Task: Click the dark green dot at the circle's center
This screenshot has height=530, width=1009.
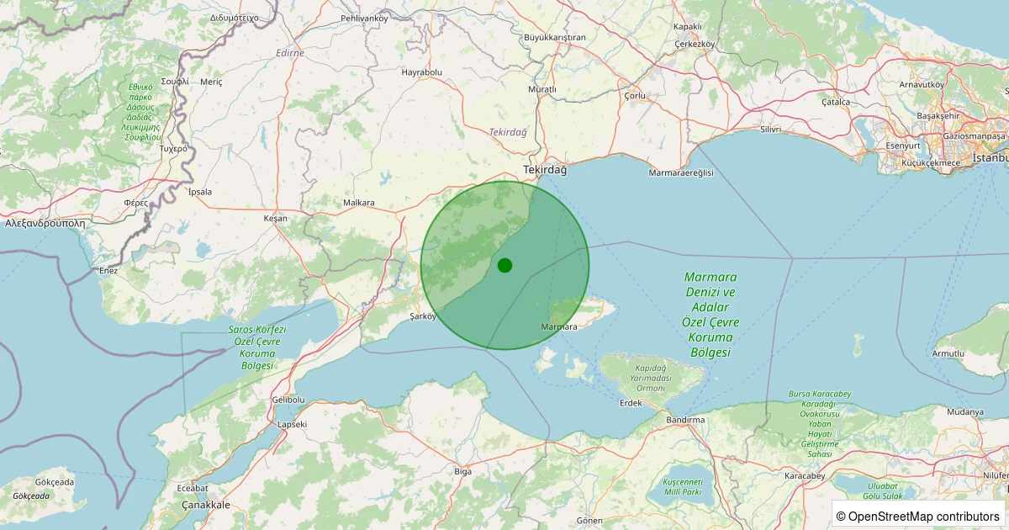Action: [x=504, y=265]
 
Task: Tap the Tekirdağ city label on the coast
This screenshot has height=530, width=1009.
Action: [x=545, y=170]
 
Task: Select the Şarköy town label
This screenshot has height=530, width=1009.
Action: [x=423, y=316]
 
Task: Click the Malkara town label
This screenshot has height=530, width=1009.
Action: [x=359, y=203]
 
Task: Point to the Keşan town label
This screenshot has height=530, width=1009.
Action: [x=275, y=218]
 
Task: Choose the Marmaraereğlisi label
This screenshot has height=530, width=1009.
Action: [x=681, y=172]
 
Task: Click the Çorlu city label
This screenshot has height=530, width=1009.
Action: [x=635, y=96]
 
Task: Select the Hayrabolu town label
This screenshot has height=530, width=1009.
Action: [x=421, y=72]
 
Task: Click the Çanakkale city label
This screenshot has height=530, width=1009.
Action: [x=206, y=505]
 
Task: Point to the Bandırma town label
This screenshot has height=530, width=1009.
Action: [x=684, y=419]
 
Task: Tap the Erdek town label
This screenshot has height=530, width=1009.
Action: [x=630, y=403]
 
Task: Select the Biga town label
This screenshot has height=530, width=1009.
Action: [x=462, y=471]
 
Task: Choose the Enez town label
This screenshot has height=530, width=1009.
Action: [x=108, y=270]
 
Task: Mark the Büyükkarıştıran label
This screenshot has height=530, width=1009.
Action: [x=554, y=38]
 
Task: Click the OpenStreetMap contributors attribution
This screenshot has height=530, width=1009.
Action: [x=919, y=516]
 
